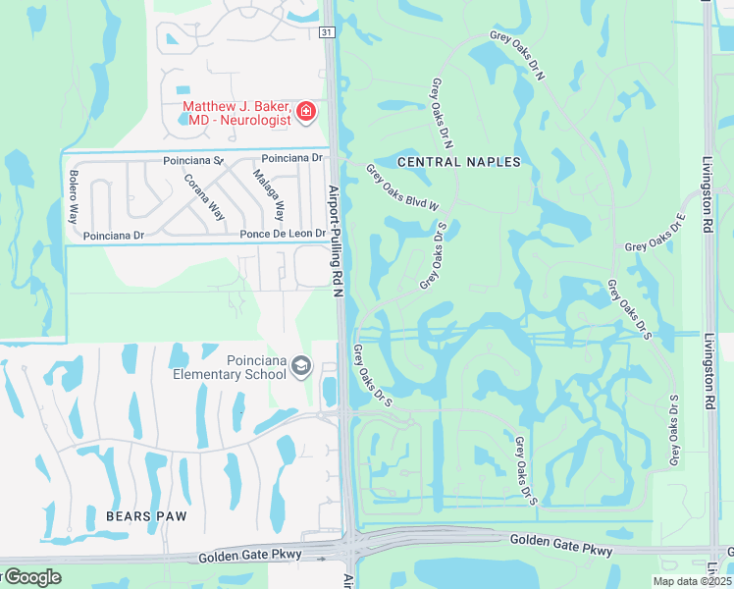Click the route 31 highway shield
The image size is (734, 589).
(x=327, y=32)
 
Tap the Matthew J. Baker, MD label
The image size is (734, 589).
(x=236, y=113)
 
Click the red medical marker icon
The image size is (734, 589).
(x=305, y=112)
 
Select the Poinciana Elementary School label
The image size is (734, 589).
(x=229, y=367)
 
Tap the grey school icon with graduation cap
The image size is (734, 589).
(x=301, y=367)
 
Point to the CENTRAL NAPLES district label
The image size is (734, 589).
(x=458, y=161)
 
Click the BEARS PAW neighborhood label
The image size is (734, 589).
(x=146, y=514)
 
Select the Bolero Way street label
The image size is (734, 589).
(x=73, y=197)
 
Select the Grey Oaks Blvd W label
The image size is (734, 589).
(x=402, y=187)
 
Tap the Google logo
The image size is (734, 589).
(x=31, y=577)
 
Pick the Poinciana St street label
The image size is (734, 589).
(x=193, y=159)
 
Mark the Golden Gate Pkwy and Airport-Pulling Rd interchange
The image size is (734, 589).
(x=350, y=545)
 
